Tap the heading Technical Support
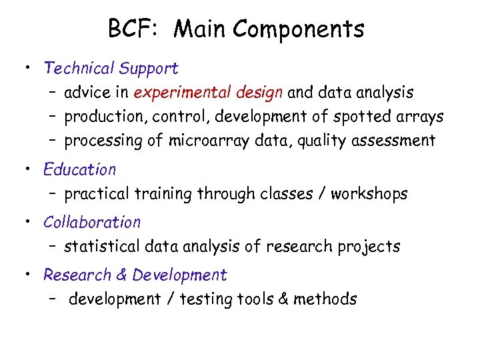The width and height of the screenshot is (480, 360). coord(111,68)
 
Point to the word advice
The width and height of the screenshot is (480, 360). coord(89,93)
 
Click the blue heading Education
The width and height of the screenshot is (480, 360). coord(79,170)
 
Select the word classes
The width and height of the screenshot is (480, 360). coord(284,194)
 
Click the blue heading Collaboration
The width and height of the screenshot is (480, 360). coord(92,222)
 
